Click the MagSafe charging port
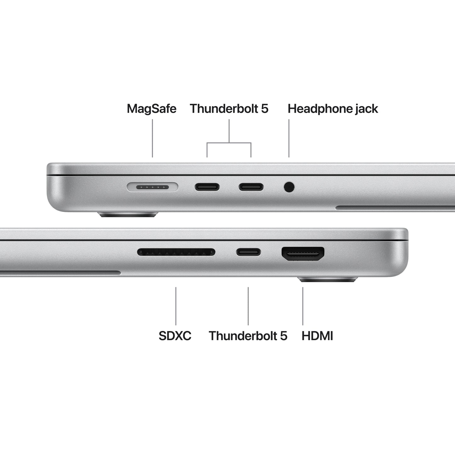click(152, 187)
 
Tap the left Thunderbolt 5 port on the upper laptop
click(207, 187)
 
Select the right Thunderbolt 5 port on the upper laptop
click(251, 187)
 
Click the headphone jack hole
click(289, 187)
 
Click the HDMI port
click(303, 253)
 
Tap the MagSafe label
click(151, 109)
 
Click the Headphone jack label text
click(333, 109)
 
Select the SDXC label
click(175, 336)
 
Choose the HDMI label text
click(317, 336)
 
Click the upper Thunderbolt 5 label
click(229, 109)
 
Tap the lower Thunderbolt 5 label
click(248, 336)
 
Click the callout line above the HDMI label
click(303, 306)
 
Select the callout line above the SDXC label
click(176, 306)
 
